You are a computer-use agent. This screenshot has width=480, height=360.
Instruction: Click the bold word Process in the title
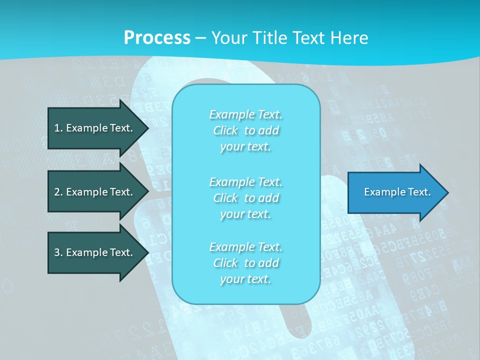coord(157,38)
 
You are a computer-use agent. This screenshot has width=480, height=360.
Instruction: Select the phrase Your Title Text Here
coord(289,38)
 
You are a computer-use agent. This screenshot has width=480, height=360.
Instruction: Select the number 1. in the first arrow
coord(58,128)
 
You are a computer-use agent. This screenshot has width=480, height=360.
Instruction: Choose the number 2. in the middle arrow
coord(58,192)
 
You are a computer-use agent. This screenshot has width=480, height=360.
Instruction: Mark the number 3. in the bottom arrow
coord(58,252)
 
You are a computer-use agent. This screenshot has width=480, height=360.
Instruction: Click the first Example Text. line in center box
coord(245,114)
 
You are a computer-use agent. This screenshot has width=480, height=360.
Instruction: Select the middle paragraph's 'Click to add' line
coord(245,198)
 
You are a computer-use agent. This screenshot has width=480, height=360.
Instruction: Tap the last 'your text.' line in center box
coord(245,279)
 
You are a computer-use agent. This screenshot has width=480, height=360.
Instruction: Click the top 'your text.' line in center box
coord(245,146)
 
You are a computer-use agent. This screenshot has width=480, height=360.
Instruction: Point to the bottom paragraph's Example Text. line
coord(245,247)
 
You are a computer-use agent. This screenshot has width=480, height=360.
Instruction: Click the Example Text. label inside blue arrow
coord(397,192)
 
